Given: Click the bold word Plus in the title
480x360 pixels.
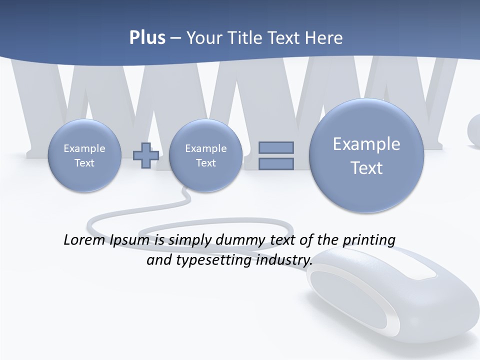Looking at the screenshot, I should coord(147,38).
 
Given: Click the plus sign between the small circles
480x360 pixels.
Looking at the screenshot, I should coord(146,155).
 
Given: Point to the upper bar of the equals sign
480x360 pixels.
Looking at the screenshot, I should coord(276,147).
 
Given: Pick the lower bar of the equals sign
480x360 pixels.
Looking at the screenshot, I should coord(276,163).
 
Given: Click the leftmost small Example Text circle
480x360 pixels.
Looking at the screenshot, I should coord(84,155).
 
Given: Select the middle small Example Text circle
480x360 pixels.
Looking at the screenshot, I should coord(205,155).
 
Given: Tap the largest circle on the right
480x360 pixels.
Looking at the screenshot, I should coord(366,155).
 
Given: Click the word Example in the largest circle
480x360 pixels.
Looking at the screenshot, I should coord(366,144).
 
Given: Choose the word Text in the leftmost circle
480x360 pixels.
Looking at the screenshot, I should coord(84,163).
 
